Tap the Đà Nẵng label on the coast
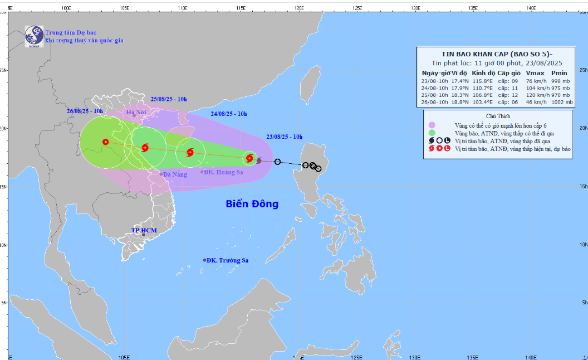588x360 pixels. pos(174,174)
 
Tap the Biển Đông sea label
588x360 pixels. pos(252,204)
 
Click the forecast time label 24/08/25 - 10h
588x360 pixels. pos(229,114)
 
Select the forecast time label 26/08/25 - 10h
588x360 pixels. pos(84,111)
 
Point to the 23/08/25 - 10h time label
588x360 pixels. pos(284,137)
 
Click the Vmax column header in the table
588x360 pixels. pos(535,73)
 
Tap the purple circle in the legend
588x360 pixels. pos(432,125)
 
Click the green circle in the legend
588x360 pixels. pos(432,133)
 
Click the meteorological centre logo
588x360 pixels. pos(34,36)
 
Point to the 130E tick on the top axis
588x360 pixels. pos(415,8)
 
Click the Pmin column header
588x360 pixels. pos(559,73)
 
